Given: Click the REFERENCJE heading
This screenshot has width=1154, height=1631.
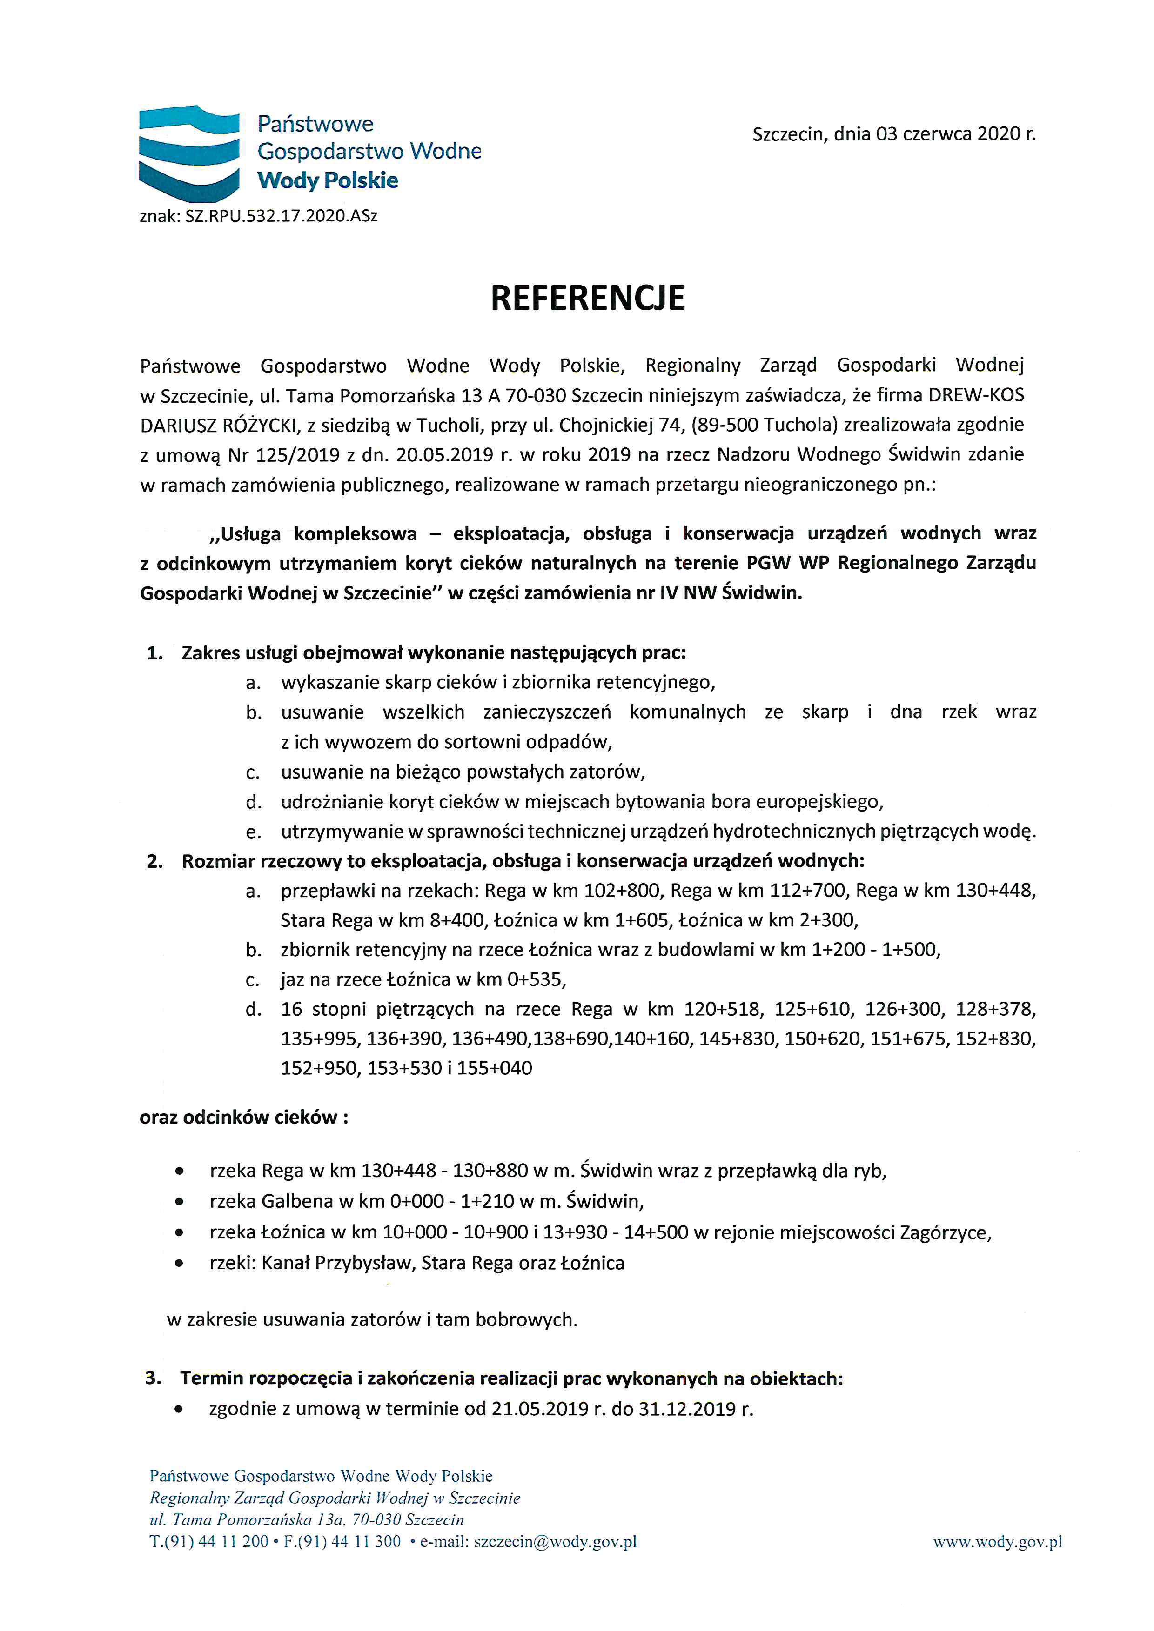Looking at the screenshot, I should pyautogui.click(x=588, y=299).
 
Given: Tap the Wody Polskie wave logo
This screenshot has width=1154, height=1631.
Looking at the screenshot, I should pyautogui.click(x=189, y=153).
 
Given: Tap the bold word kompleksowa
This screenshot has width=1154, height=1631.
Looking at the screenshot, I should pyautogui.click(x=356, y=533).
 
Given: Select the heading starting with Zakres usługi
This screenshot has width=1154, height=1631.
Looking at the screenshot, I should pyautogui.click(x=434, y=653).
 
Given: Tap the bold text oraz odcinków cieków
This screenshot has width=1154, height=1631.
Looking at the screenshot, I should pyautogui.click(x=244, y=1118).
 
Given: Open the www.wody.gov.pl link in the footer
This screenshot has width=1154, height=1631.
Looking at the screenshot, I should pyautogui.click(x=997, y=1542).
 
